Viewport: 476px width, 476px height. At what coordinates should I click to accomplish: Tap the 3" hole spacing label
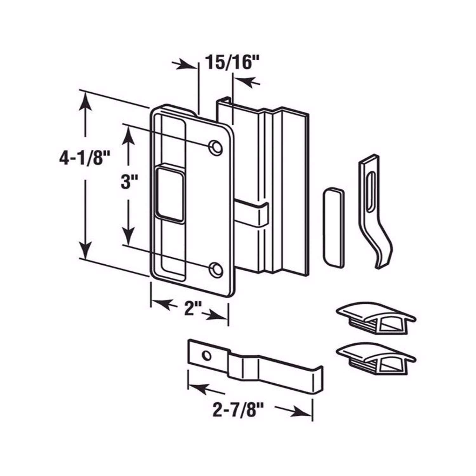click(x=129, y=183)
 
